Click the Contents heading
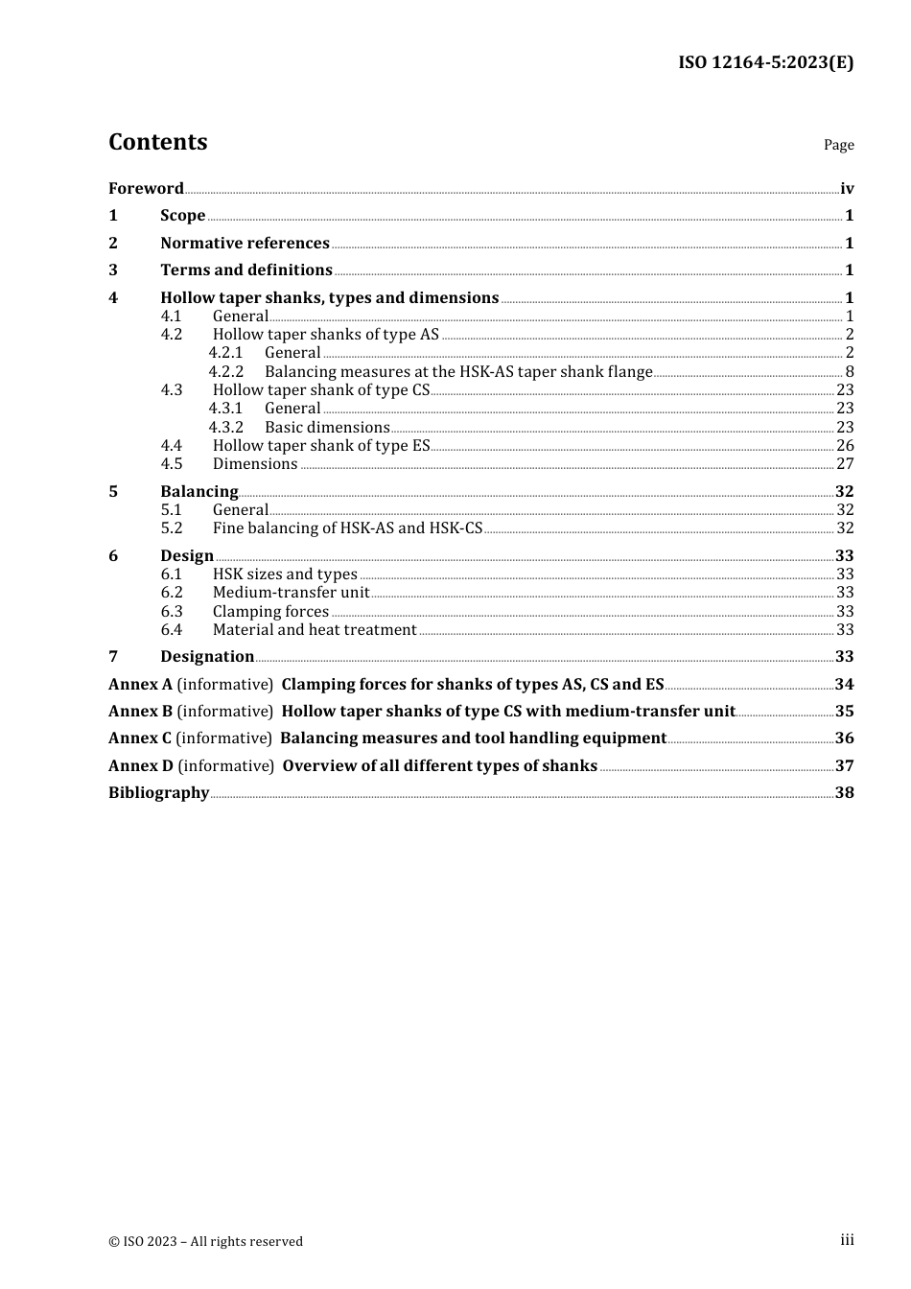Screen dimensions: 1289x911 tap(157, 142)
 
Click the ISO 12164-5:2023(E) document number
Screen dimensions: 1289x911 tap(765, 62)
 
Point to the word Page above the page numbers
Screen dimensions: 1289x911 tap(838, 145)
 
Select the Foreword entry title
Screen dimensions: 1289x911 tap(146, 188)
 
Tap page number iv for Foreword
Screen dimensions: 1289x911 tap(846, 188)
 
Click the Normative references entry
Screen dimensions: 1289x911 tap(245, 243)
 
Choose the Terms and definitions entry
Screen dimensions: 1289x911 tap(246, 270)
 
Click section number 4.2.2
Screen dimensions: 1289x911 tap(226, 371)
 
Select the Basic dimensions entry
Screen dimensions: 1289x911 tap(327, 427)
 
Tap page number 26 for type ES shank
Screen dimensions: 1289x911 tap(844, 445)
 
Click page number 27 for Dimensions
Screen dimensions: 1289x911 tap(844, 463)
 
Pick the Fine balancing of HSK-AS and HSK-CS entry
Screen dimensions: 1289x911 tap(347, 527)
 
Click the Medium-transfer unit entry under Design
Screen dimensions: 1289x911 tap(291, 592)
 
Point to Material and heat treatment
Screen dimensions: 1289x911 tap(315, 629)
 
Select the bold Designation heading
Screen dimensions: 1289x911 tap(207, 656)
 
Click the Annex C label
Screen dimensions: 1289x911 tap(140, 738)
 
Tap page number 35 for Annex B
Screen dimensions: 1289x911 tap(844, 711)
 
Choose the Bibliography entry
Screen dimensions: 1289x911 tap(158, 792)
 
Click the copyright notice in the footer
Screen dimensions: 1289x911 tap(205, 1241)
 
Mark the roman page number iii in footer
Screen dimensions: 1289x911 tap(847, 1239)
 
